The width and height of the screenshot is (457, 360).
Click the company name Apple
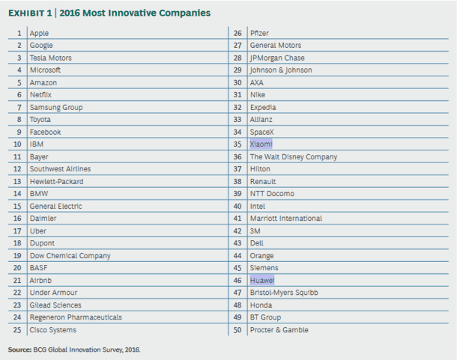coord(40,33)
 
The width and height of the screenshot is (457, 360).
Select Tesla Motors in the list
coord(51,58)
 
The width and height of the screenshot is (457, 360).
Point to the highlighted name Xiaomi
coord(261,144)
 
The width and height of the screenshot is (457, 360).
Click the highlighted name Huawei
coord(262,280)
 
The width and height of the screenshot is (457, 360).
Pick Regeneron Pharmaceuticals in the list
coord(75,317)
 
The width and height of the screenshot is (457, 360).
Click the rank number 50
coord(237,329)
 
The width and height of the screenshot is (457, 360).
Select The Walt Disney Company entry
coord(293,156)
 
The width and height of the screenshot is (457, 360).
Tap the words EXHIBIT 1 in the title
coord(33,13)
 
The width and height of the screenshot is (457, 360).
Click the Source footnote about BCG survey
coord(74,349)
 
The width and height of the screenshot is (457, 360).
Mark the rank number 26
coord(237,33)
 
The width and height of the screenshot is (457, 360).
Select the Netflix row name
coord(41,95)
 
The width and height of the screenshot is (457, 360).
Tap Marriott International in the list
coord(286,218)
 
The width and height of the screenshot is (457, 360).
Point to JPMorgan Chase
coord(277,58)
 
